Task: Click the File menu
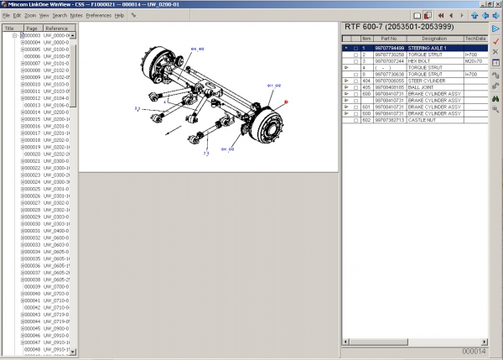coord(6,16)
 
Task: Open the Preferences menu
coord(98,16)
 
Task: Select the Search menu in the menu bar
coord(59,16)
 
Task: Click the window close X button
coord(496,4)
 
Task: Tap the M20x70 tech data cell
coord(475,61)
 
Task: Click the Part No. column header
coord(387,39)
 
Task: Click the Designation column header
coord(434,39)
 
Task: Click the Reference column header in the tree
coord(57,28)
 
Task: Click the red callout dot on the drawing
coord(287,102)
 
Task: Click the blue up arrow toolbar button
coord(485,16)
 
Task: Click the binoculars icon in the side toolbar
coord(495,99)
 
